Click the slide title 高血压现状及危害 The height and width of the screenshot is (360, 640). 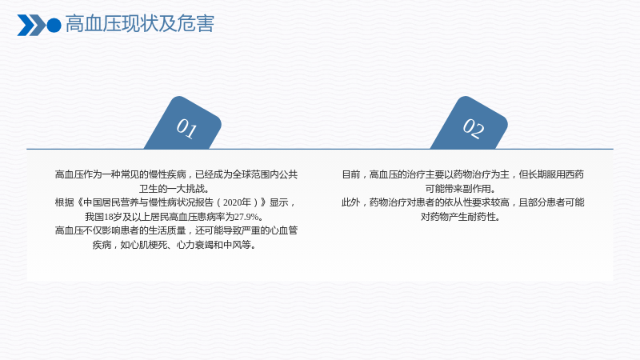[x=139, y=24]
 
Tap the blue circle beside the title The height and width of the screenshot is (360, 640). [x=54, y=26]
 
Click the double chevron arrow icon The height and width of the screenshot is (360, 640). [x=31, y=26]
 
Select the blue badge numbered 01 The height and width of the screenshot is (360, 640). [x=183, y=122]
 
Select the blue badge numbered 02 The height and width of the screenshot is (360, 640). [x=470, y=122]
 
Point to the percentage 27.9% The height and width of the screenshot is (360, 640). [x=246, y=217]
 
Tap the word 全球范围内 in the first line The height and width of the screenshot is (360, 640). [x=251, y=174]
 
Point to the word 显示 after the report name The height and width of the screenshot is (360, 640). [x=278, y=202]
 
